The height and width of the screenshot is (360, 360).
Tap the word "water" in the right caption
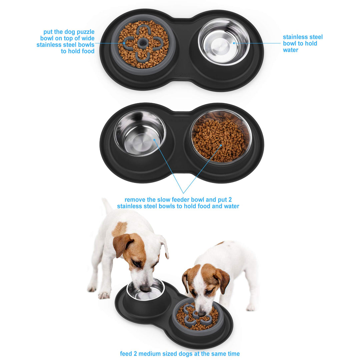tap(290, 50)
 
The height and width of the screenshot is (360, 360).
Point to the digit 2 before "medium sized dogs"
tap(135, 354)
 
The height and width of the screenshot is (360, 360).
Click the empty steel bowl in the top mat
tap(224, 42)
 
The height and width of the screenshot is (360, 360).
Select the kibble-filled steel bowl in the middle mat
tap(221, 137)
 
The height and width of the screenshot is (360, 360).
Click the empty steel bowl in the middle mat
tap(140, 133)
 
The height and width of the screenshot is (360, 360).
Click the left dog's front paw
tap(104, 295)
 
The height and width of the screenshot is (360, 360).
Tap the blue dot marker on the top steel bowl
tap(234, 43)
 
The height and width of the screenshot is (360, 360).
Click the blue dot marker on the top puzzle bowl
tap(124, 43)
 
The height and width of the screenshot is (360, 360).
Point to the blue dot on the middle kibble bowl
tap(221, 145)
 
